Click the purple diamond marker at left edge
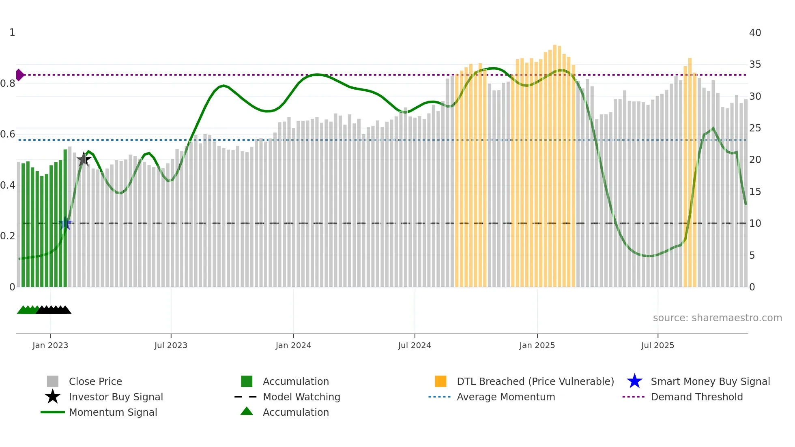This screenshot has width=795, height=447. pos(19,75)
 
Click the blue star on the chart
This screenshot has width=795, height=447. pos(65,223)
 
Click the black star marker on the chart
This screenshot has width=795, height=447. pos(84,159)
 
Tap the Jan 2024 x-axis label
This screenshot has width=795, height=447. pos(293,346)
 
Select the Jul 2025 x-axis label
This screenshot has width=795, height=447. pos(657,346)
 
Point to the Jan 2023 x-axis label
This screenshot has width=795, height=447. pos(50,346)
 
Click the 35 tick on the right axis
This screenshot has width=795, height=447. pos(755,64)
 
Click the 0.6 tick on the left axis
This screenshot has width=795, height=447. pos(8,134)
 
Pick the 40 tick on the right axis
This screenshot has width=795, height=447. pos(755,33)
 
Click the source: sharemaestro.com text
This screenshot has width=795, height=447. pos(717,318)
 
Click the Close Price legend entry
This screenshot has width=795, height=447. pos(95,382)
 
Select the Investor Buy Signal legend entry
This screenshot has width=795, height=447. pos(116,397)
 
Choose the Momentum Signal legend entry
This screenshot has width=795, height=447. pos(113,413)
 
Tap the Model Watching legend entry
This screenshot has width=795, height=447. pos(301,397)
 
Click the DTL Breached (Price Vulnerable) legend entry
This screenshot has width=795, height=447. pos(535,382)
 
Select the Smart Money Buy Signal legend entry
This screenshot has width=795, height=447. pos(710,382)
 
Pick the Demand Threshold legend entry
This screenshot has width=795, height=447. pos(696,397)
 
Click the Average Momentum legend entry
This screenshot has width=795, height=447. pos(505,397)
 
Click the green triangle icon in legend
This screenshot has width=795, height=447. pos(247,412)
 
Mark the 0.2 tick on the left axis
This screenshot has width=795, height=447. pos(8,236)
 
